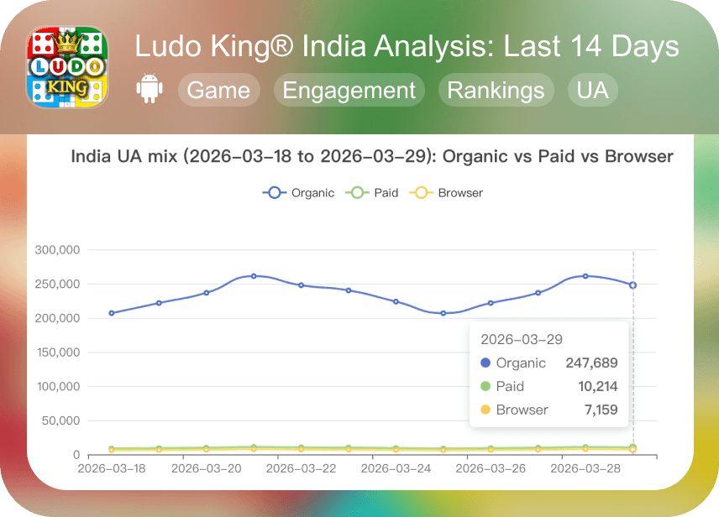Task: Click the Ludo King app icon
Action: point(69,68)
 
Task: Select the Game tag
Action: point(218,91)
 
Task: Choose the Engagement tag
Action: point(349,91)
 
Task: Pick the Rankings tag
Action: point(496,91)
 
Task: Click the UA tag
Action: point(592,91)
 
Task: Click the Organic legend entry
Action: point(299,193)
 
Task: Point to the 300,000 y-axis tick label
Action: point(57,250)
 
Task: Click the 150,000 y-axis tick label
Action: point(57,352)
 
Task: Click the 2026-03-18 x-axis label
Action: point(111,467)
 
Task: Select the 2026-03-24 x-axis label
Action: point(396,467)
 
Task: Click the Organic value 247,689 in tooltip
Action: point(592,363)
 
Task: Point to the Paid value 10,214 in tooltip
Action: point(599,387)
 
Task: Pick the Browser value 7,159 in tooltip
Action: point(602,410)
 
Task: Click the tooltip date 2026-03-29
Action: point(522,340)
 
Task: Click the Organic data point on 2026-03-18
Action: point(112,313)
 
